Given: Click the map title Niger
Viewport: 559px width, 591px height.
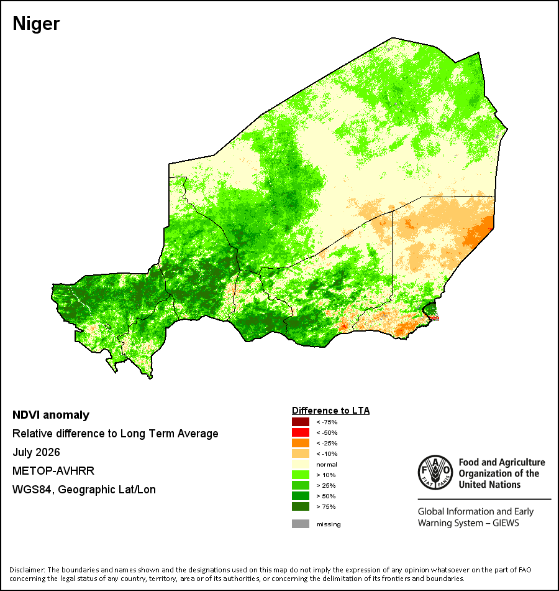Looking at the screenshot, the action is click(x=36, y=24).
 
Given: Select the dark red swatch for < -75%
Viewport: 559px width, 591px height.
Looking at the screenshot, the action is click(x=301, y=422).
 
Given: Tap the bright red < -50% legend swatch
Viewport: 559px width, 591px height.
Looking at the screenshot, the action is click(x=301, y=432).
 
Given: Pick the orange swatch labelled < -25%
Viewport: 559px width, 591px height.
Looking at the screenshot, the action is click(x=301, y=443).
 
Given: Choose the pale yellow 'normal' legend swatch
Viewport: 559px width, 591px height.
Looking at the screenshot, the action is click(x=301, y=464).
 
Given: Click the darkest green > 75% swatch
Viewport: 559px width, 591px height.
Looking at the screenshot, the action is click(x=301, y=506).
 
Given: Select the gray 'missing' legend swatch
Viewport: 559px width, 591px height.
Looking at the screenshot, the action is click(x=301, y=524).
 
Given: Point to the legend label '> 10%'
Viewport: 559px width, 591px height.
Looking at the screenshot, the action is click(x=326, y=475).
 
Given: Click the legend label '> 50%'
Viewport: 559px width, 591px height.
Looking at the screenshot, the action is click(x=326, y=496).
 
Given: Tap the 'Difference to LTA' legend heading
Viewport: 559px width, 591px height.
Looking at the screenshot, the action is click(x=330, y=411).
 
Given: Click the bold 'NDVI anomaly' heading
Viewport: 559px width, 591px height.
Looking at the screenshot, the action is click(x=51, y=415).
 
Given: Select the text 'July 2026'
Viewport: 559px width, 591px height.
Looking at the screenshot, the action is click(x=36, y=452).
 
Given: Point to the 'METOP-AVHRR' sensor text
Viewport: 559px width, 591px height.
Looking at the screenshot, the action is click(x=53, y=471).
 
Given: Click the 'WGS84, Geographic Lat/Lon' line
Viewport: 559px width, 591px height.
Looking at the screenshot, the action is click(x=84, y=490).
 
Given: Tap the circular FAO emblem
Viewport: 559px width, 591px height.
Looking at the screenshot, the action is click(x=435, y=472).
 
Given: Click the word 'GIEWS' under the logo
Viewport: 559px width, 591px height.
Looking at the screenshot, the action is click(x=506, y=523).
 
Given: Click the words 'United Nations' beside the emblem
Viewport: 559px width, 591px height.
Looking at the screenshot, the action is click(x=489, y=485).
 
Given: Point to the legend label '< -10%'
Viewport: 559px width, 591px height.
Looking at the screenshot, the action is click(x=327, y=454).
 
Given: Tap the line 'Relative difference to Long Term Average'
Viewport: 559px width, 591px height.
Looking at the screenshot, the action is click(x=115, y=434).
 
